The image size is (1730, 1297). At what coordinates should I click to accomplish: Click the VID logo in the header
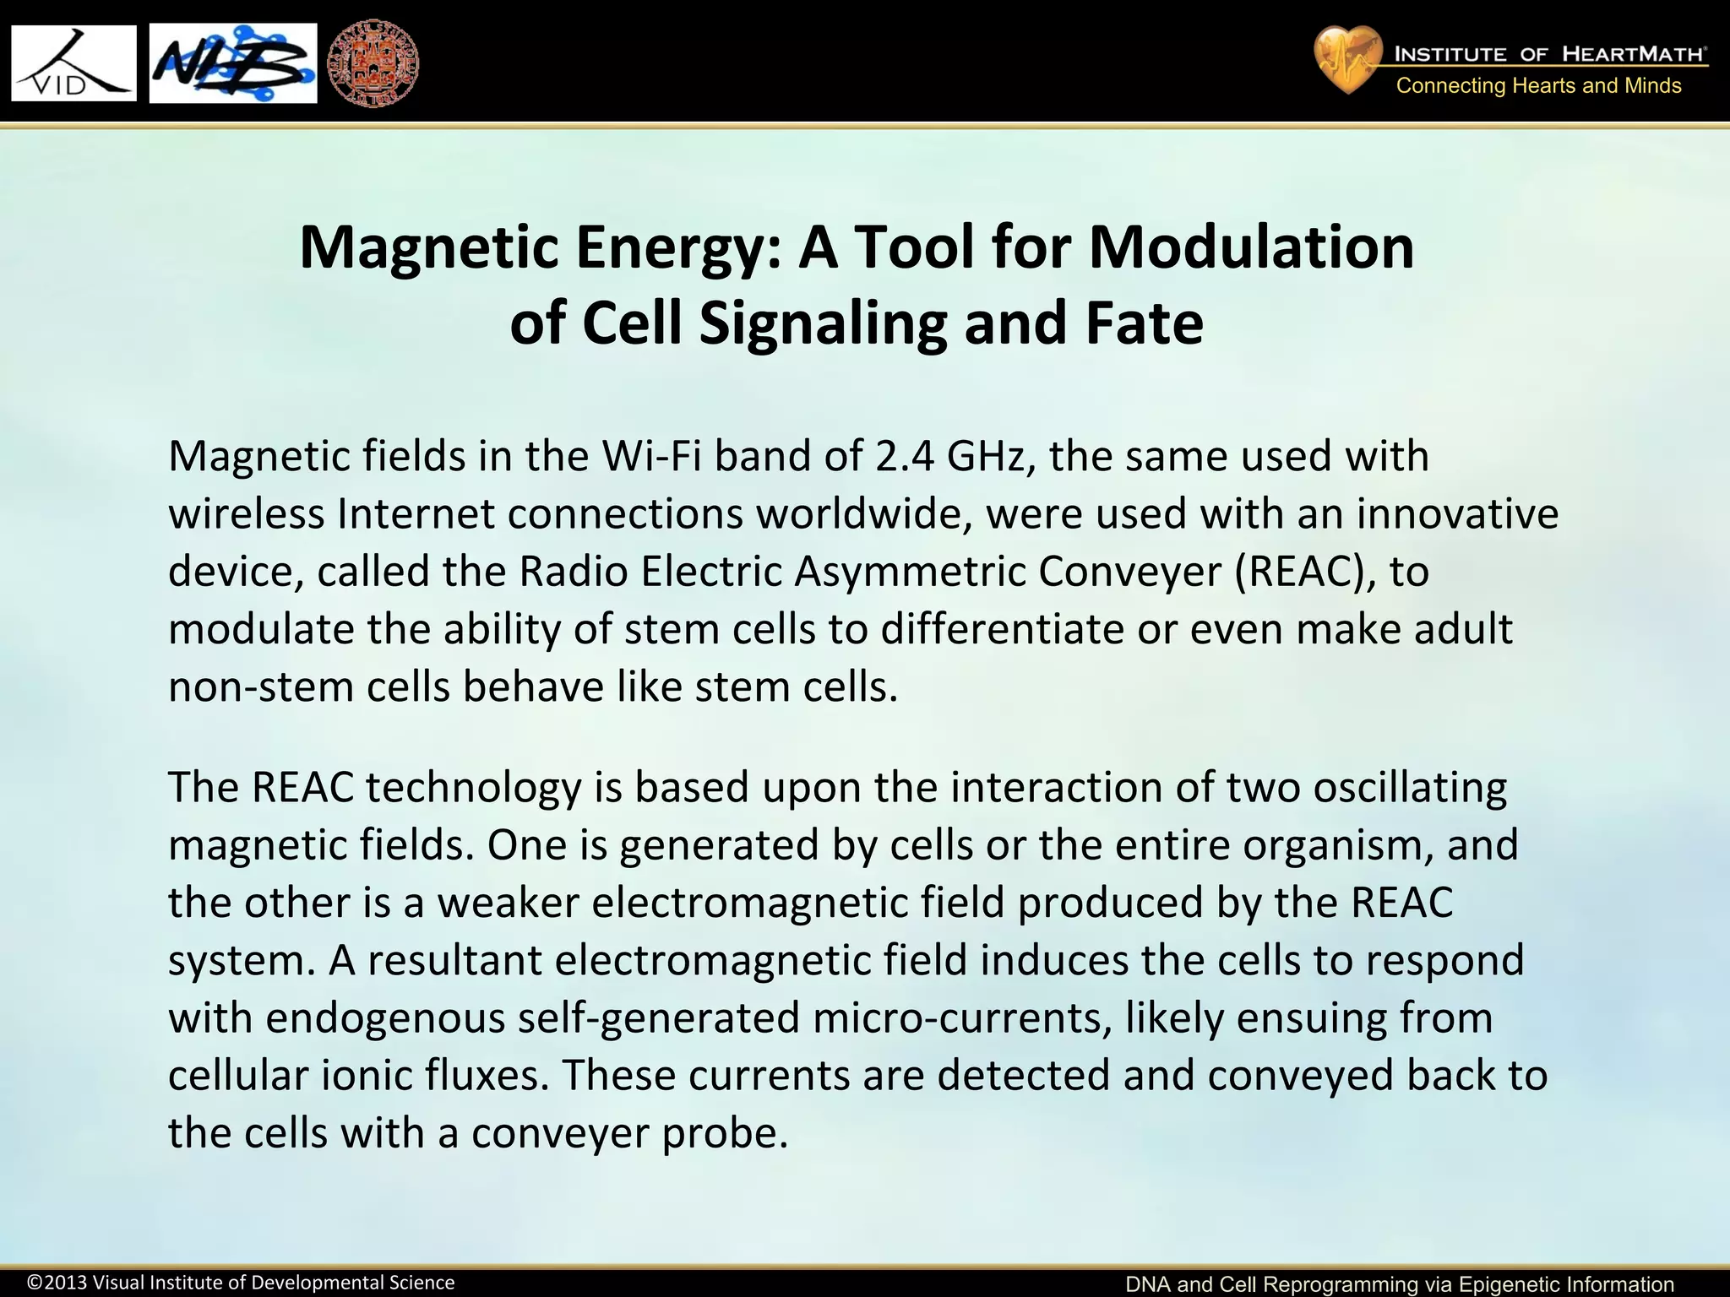pos(73,63)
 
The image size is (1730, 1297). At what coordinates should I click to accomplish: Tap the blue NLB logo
pos(233,63)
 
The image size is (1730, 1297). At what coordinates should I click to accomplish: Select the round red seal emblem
pos(373,64)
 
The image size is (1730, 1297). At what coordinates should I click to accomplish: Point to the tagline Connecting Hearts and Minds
pos(1538,86)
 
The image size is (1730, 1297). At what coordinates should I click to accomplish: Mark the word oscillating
pos(1410,787)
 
